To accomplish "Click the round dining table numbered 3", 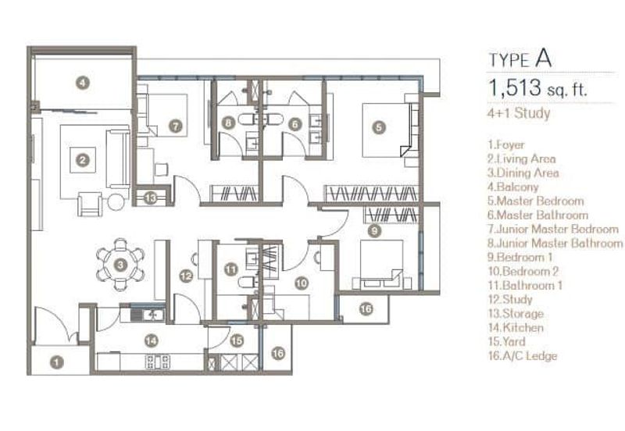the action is pos(120,265).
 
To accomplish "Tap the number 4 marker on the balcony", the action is pos(83,83).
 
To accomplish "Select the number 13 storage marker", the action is pos(150,198).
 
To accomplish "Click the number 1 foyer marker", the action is pos(57,362).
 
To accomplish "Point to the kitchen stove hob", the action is pos(159,362).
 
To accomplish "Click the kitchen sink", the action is pos(148,315).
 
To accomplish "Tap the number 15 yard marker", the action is pos(237,340).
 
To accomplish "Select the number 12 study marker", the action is pos(186,276).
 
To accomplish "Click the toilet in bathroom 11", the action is pos(245,282).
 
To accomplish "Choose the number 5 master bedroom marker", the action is pos(379,127).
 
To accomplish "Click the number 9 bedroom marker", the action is pos(374,230).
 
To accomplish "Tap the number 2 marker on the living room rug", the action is pos(83,160).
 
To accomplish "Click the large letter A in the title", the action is pos(543,59).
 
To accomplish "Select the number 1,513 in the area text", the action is pos(515,87).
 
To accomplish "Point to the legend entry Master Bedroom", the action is pos(536,201).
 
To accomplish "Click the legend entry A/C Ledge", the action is pos(522,355).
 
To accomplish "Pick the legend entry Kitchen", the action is pos(516,327).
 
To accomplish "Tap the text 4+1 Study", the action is pos(519,113).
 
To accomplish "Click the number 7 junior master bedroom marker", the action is pos(175,126).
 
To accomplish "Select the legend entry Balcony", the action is pos(513,187).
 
